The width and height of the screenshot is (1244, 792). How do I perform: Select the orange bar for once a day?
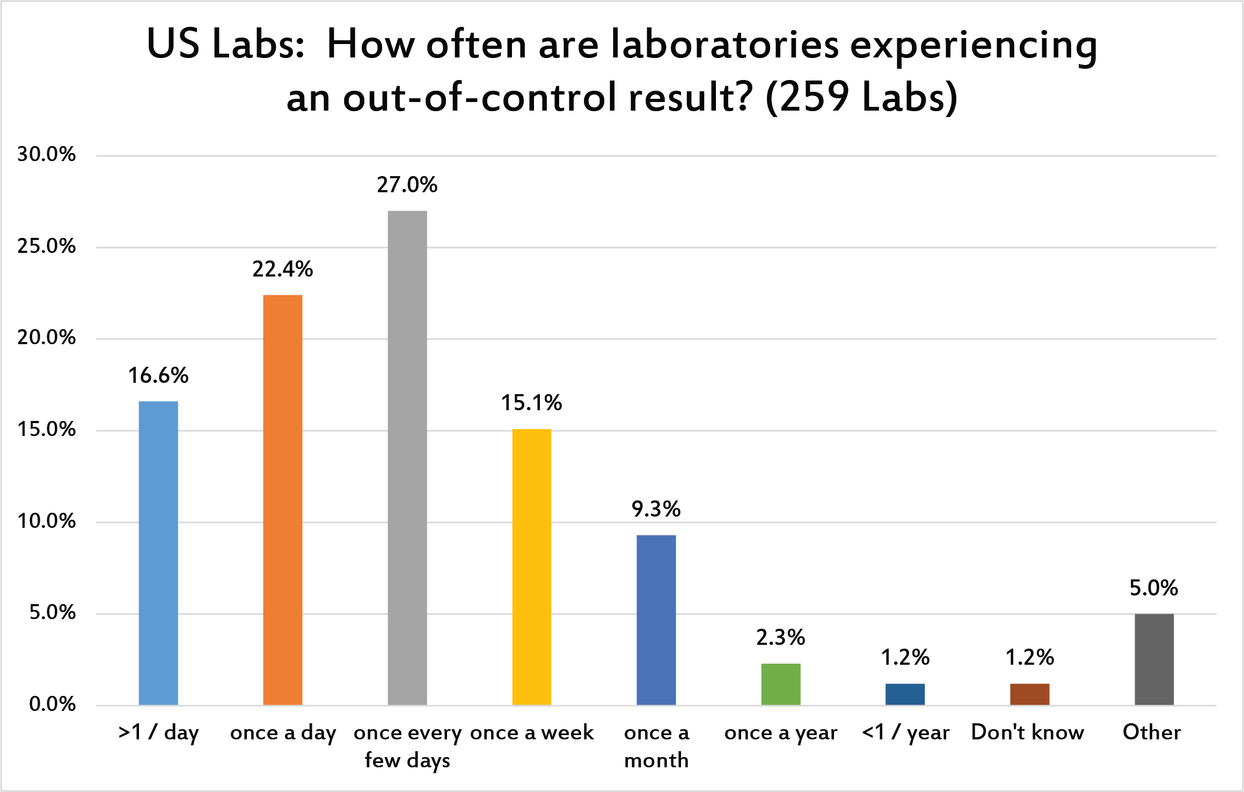tap(283, 499)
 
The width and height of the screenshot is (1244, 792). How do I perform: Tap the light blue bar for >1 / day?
tap(158, 553)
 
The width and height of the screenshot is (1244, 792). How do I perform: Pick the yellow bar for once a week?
tap(532, 566)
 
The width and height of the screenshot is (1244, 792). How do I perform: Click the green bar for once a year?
tap(781, 684)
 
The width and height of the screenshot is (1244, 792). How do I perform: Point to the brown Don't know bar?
tap(1029, 694)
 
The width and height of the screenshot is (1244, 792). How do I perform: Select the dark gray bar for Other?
tap(1154, 659)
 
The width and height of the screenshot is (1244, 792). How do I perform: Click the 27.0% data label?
tap(407, 185)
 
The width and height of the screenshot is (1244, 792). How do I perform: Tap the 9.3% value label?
tap(656, 509)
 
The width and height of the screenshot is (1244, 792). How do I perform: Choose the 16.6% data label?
tap(158, 376)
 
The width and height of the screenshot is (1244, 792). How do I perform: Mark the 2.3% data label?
tap(781, 638)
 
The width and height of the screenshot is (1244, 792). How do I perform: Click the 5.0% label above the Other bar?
tap(1154, 588)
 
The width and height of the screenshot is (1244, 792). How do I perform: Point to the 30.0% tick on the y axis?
tap(46, 155)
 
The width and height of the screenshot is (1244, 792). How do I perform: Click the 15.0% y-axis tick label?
tap(46, 430)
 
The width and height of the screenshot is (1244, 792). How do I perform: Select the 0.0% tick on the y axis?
tap(52, 704)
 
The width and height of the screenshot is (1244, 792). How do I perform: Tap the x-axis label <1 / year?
tap(905, 732)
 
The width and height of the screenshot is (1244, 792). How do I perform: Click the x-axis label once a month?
tap(656, 746)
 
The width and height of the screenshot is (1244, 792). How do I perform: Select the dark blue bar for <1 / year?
tap(905, 694)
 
